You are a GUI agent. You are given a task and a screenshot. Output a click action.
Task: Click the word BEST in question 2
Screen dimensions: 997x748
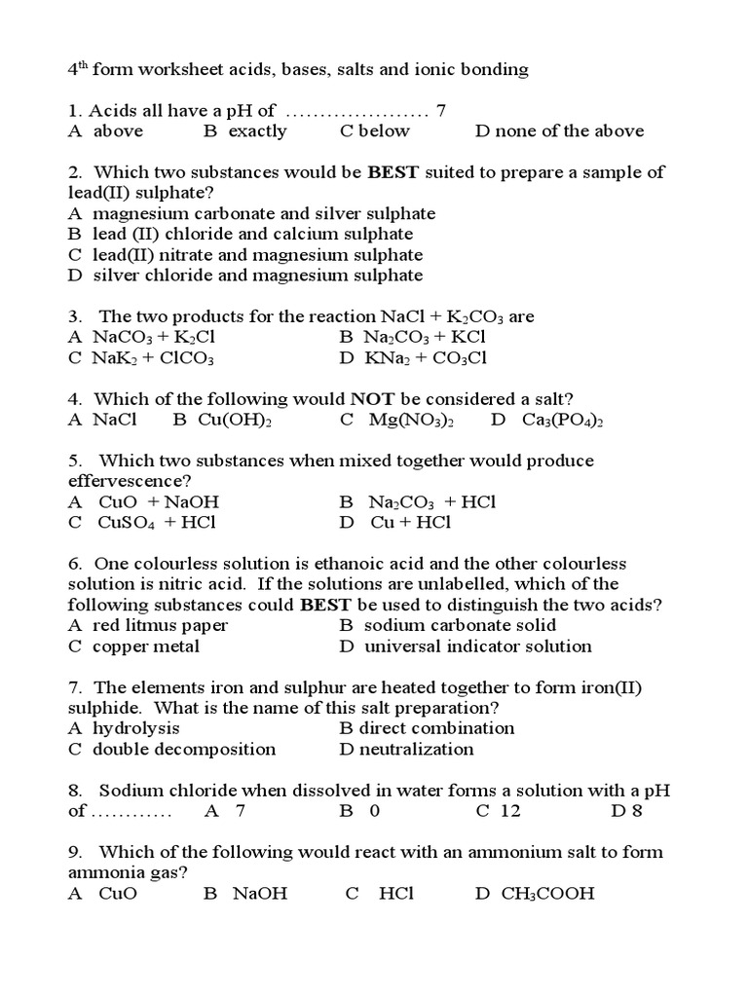[393, 172]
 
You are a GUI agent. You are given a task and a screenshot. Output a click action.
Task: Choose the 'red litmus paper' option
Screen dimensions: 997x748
[161, 625]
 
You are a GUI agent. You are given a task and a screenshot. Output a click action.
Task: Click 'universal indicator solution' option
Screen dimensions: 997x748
[477, 646]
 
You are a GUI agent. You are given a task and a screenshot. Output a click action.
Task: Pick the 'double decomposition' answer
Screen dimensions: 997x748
[184, 750]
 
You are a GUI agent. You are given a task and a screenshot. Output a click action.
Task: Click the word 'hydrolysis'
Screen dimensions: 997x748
[135, 728]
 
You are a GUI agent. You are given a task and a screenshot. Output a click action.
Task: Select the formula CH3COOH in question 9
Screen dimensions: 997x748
[547, 894]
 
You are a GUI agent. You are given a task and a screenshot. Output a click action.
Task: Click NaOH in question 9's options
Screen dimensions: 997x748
[259, 894]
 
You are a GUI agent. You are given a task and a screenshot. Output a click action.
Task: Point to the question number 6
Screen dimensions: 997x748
[74, 564]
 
